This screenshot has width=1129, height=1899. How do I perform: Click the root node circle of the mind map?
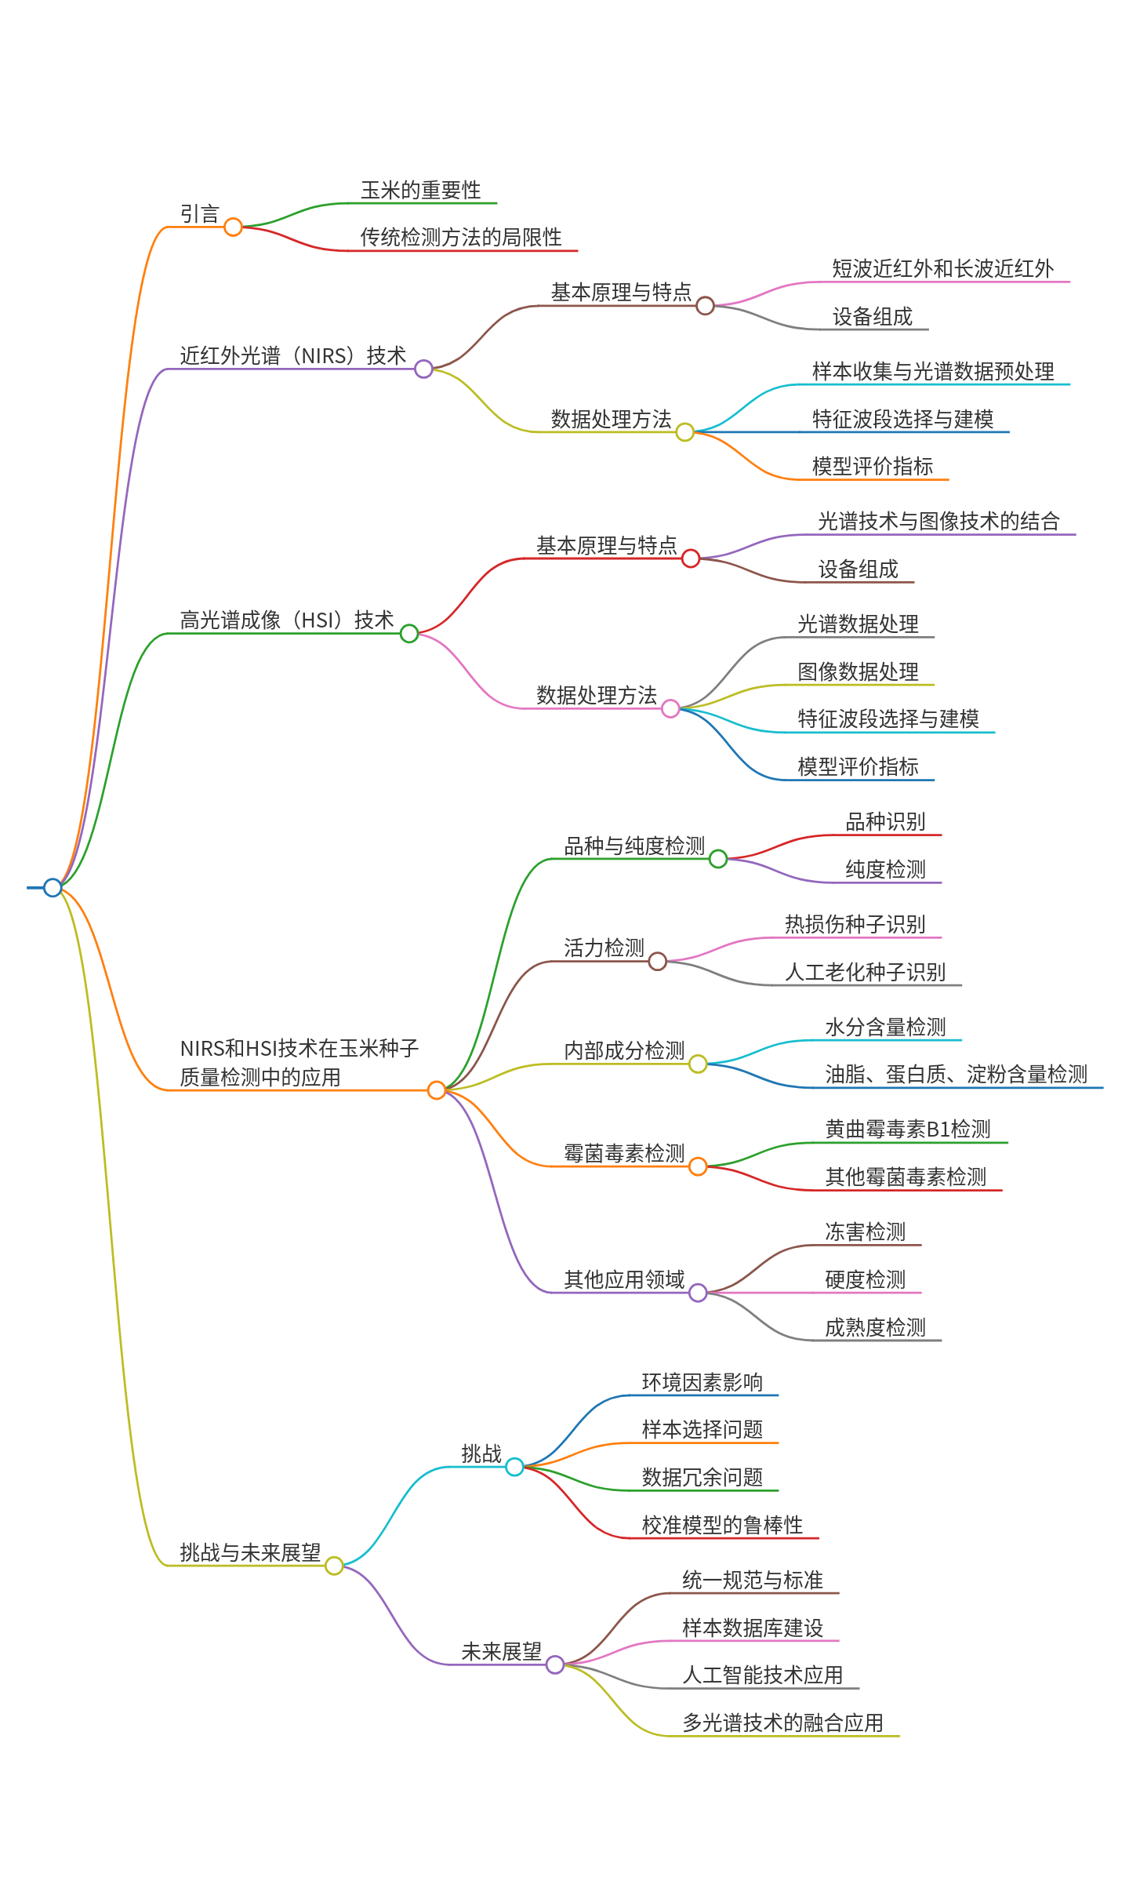coord(53,887)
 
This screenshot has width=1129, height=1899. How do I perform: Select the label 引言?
coord(200,214)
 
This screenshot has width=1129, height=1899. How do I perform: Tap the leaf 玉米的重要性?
coord(420,191)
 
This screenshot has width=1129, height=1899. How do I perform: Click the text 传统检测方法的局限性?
coord(461,238)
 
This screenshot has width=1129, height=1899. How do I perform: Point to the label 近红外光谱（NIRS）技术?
coord(293,356)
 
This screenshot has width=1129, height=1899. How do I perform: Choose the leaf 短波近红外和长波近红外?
coord(942,269)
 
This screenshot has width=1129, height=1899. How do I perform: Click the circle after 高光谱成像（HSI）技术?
coord(409,633)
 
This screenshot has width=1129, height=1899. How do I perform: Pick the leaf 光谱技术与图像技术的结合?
coord(938,522)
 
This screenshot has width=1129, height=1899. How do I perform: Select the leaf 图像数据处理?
coord(858,672)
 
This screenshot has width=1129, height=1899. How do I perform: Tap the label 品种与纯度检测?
coord(634,846)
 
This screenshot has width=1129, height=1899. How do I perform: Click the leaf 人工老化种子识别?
coord(865,973)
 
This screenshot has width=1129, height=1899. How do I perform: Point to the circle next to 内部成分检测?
coord(698,1064)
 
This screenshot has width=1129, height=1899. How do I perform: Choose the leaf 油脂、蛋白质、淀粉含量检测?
coord(956,1075)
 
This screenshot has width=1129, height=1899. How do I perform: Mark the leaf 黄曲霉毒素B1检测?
coord(908,1130)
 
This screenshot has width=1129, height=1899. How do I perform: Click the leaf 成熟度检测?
coord(875,1328)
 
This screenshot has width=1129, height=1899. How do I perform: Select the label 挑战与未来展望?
coord(250,1553)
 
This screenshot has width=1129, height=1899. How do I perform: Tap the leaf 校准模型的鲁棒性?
coord(722,1526)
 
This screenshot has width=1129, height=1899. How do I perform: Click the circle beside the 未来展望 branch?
coord(555,1664)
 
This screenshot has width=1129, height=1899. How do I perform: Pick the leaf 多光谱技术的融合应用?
coord(782,1723)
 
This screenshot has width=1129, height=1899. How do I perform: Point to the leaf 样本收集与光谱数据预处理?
coord(933,372)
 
